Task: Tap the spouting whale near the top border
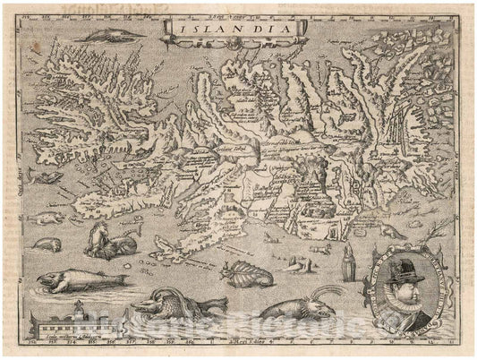pos(115,33)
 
